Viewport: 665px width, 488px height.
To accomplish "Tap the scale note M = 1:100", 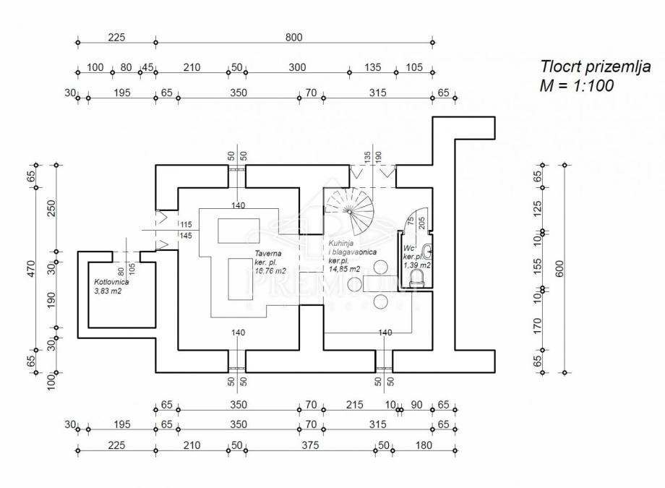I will point(577,86).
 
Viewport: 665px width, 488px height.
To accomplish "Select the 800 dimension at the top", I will point(293,38).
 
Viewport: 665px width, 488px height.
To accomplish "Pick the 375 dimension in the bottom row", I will point(309,445).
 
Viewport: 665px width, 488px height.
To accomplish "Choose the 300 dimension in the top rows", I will point(297,67).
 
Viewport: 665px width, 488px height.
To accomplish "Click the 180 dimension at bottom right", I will point(423,445).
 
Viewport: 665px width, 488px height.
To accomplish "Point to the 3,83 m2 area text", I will point(108,292).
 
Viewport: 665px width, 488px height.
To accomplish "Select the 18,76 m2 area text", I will point(271,271).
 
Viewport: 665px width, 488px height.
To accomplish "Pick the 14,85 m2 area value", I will point(346,269).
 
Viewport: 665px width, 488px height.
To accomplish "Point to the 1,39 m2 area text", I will point(417,265).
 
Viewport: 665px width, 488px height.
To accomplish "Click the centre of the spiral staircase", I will point(351,211).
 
